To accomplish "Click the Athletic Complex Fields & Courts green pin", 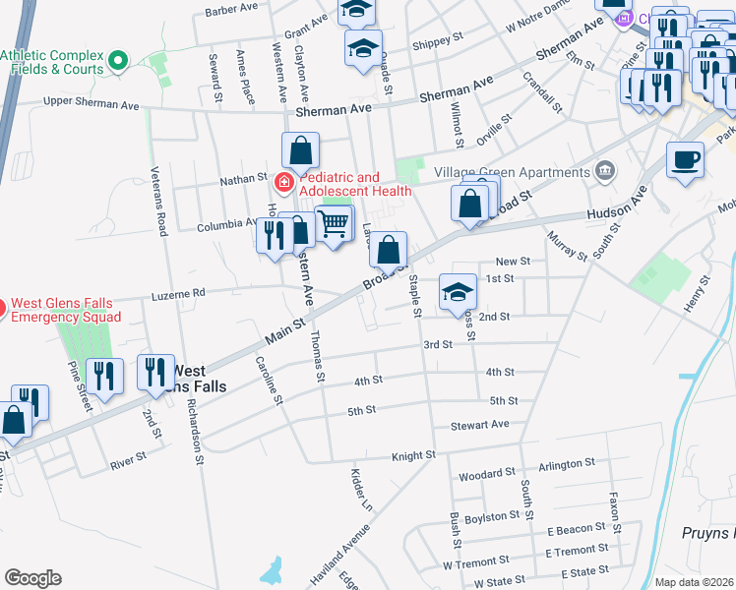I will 119,62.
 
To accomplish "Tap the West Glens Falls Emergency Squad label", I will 65,310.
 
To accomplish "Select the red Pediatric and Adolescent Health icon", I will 283,182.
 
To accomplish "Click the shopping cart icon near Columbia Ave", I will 335,223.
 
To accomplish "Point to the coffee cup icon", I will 685,158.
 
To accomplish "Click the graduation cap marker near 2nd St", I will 458,291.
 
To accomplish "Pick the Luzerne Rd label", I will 178,293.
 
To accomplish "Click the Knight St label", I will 413,455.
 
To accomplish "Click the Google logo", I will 32,578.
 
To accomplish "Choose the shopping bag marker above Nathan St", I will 301,150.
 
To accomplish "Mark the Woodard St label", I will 487,474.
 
